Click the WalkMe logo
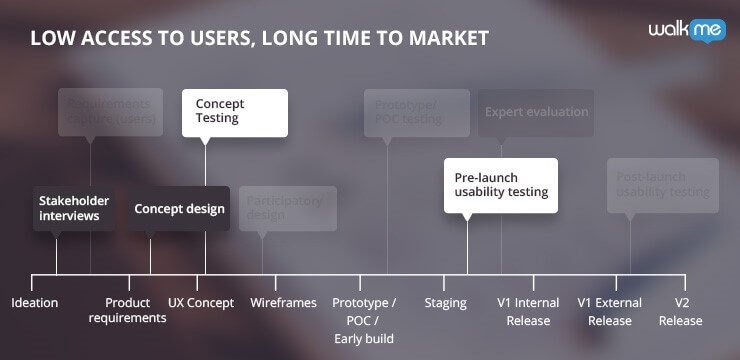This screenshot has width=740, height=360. [x=687, y=31]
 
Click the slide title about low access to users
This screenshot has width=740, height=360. [x=259, y=39]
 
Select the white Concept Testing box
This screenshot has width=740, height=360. [x=234, y=112]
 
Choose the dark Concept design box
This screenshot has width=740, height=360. [x=179, y=209]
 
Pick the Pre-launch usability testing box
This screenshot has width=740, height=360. [x=500, y=184]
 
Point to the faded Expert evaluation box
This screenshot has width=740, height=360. [x=536, y=112]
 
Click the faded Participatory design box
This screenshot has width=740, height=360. [x=287, y=208]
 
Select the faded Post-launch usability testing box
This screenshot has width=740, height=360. [x=662, y=184]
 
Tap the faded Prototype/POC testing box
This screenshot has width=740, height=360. [x=416, y=112]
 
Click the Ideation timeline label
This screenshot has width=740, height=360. [x=35, y=303]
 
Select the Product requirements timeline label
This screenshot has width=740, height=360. [x=127, y=310]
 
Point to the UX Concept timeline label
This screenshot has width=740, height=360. [x=201, y=303]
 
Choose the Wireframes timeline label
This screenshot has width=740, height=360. [x=283, y=303]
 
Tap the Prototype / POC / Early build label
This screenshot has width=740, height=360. [x=364, y=320]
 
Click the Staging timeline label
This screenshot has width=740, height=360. [x=446, y=303]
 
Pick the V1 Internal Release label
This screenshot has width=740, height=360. [x=528, y=311]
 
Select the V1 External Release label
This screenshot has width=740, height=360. [x=610, y=311]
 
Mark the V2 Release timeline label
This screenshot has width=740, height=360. [x=681, y=311]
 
